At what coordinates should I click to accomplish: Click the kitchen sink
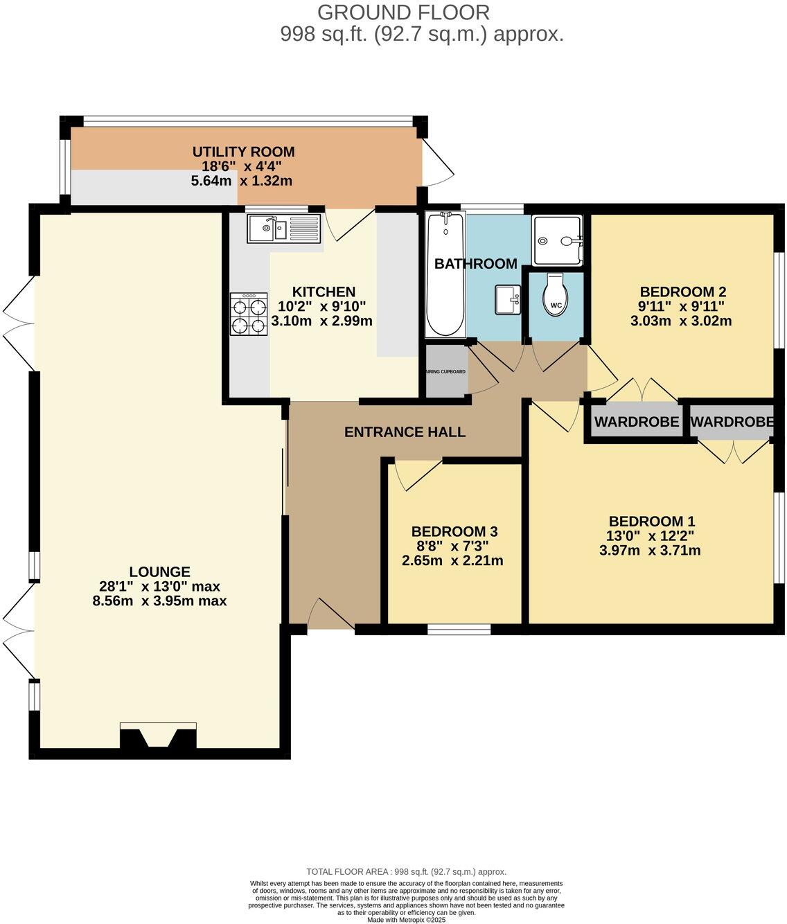284,228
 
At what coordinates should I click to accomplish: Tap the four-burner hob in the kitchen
249,314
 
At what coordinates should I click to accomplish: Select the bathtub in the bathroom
445,275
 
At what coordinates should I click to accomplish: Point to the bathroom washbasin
507,300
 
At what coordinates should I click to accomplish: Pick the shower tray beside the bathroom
558,240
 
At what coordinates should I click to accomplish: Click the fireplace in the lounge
158,737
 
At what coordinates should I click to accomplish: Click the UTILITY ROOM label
243,152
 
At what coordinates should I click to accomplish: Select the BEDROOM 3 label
454,531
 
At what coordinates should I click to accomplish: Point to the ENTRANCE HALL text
405,432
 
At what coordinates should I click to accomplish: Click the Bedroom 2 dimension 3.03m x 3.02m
681,321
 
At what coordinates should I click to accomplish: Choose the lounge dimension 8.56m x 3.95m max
159,601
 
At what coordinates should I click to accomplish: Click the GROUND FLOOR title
403,12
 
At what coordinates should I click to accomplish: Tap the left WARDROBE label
636,422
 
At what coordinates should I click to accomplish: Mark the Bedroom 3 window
459,630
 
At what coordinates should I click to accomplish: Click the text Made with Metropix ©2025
406,920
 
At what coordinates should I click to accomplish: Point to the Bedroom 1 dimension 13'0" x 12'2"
650,535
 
